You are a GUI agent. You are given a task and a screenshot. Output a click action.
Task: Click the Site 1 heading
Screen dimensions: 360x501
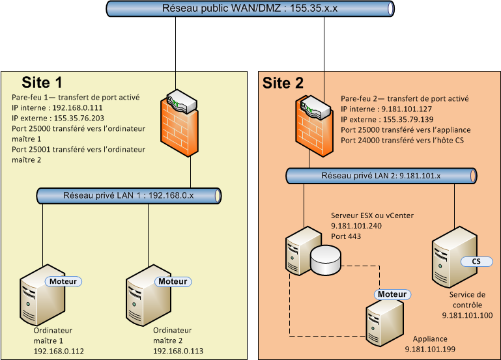tap(42, 83)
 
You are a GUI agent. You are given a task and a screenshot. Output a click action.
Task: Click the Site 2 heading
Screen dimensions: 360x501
tap(283, 83)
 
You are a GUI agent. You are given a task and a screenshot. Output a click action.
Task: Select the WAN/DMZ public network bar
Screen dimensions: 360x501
tap(250, 9)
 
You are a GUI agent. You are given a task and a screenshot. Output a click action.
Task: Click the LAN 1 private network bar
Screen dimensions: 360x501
tap(128, 195)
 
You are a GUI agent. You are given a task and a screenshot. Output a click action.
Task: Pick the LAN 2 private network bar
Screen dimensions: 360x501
tap(382, 176)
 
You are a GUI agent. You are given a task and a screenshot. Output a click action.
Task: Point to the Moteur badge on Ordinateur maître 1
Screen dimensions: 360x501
tap(63, 281)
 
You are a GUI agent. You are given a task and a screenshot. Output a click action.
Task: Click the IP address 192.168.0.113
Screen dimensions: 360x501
tap(179, 351)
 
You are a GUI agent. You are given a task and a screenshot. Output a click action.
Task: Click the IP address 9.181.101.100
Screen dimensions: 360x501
tap(466, 316)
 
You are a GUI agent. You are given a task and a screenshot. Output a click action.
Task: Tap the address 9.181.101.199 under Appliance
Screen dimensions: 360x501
tap(430, 349)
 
